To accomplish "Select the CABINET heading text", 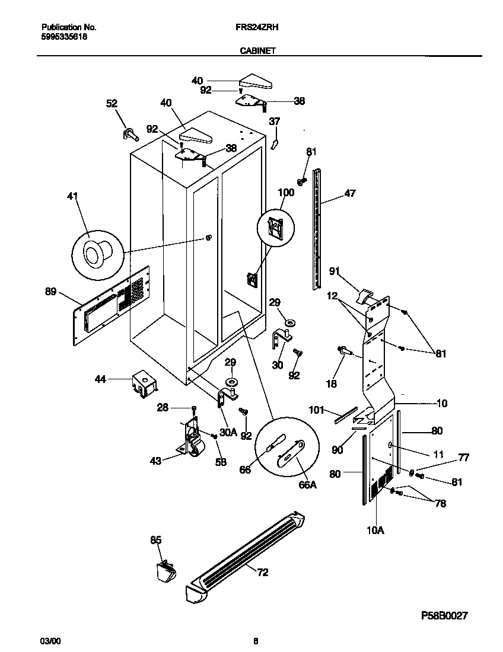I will pos(257,51).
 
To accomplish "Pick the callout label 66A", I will pos(307,485).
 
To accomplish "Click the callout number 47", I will pos(350,193).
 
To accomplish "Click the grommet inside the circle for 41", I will pos(94,253).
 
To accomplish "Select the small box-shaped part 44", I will pos(144,383).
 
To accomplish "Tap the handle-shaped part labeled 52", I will pos(130,135).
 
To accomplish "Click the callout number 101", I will pos(317,408).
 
